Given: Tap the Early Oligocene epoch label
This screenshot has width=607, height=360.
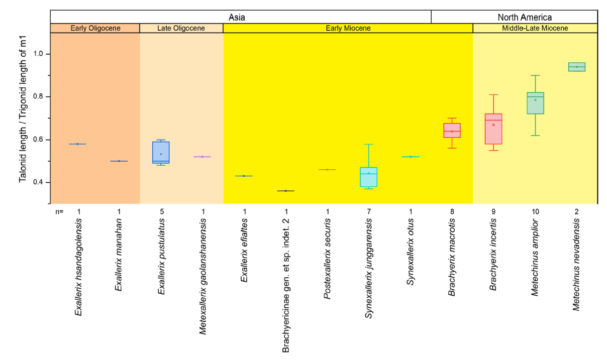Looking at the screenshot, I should (95, 28).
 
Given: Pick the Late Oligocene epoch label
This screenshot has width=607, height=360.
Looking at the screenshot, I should (181, 28).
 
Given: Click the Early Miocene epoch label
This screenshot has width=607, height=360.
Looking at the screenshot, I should (348, 28).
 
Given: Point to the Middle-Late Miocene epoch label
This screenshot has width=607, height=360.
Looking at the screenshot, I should (535, 28).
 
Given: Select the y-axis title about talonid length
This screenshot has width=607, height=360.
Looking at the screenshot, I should (23, 108).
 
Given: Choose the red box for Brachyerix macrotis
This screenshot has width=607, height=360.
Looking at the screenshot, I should (452, 131).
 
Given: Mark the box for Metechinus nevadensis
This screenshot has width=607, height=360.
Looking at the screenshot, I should (576, 67).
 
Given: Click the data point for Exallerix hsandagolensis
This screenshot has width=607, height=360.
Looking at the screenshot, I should (77, 144).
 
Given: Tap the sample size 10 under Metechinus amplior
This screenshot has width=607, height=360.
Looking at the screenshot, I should (535, 212).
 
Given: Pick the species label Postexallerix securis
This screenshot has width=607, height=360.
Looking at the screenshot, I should (327, 259).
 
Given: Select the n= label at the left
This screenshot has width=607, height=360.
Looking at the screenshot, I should (59, 212).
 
